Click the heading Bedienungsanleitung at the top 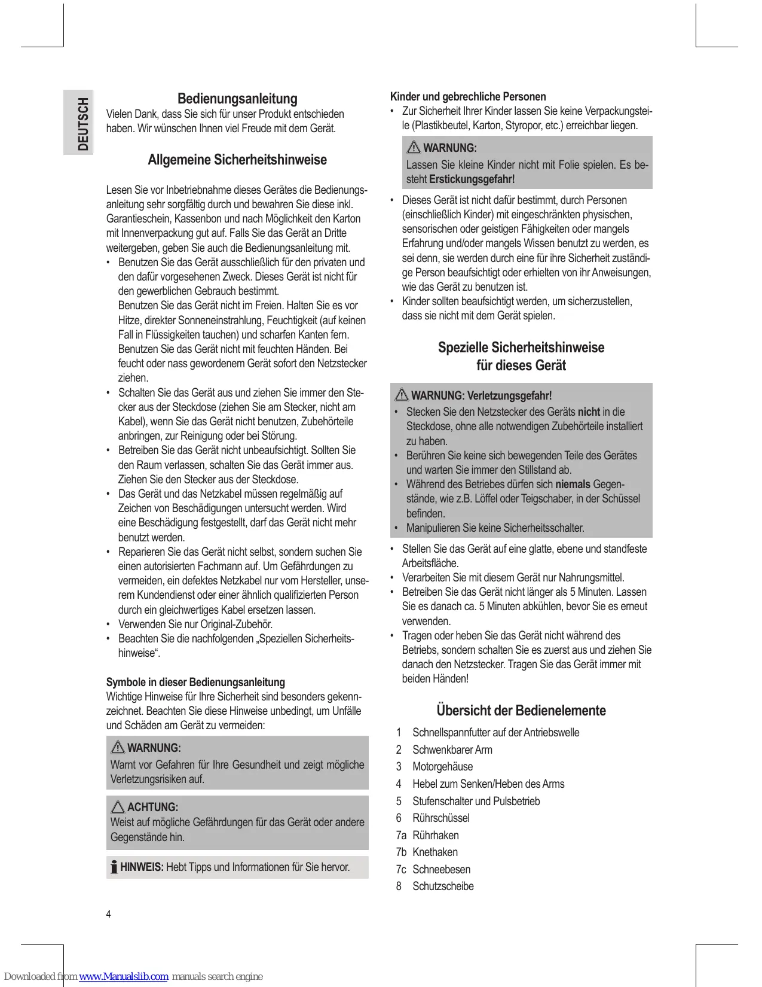click(x=237, y=99)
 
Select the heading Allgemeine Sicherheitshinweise click(x=237, y=160)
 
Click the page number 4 click(x=108, y=914)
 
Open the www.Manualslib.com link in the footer click(x=124, y=977)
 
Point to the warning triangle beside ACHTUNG click(x=118, y=807)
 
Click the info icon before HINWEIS click(x=114, y=867)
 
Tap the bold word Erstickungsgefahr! click(x=472, y=179)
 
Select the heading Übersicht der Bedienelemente click(x=521, y=711)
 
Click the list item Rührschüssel click(x=441, y=818)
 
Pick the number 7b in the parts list click(x=401, y=852)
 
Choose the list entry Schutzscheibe click(x=443, y=887)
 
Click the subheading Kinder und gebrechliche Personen click(x=468, y=97)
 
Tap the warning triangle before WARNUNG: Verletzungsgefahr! click(x=402, y=395)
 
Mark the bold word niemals click(x=573, y=485)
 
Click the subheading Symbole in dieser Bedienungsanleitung click(x=195, y=683)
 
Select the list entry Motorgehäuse click(x=442, y=767)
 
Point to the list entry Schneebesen click(x=441, y=870)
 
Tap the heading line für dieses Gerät click(x=521, y=365)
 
